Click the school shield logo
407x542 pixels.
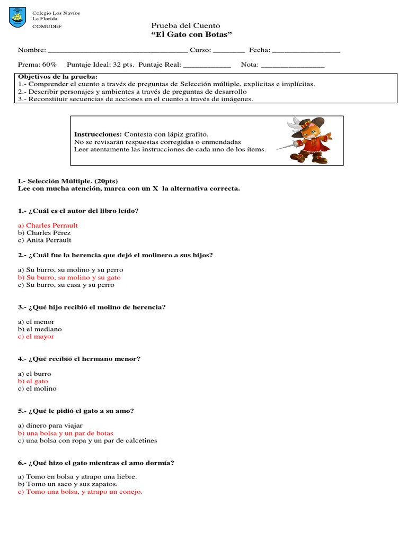(17, 19)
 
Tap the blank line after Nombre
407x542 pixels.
(117, 51)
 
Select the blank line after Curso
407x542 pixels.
(229, 51)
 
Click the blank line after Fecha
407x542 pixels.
(306, 51)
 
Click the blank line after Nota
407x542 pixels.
(293, 66)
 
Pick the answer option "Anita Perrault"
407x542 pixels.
(48, 240)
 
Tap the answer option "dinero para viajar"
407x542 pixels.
(54, 426)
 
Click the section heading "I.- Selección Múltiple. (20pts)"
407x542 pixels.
(68, 181)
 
